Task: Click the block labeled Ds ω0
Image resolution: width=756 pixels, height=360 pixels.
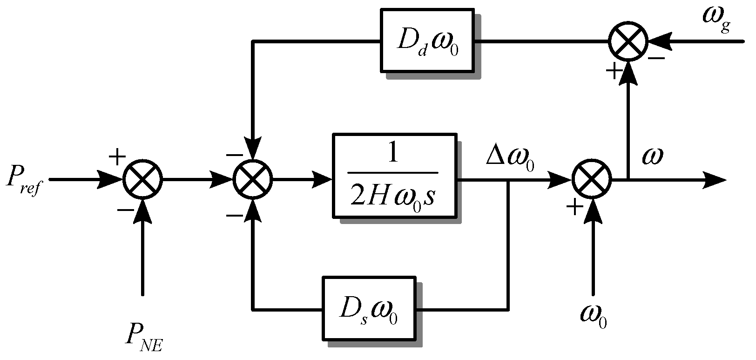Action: (x=369, y=309)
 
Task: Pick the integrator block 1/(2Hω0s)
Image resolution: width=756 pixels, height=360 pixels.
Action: (x=394, y=175)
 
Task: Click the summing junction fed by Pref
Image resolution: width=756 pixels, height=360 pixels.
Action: (x=142, y=179)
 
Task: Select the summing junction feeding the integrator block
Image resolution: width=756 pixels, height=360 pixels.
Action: (x=253, y=179)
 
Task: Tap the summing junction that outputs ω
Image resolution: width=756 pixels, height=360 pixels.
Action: (x=592, y=179)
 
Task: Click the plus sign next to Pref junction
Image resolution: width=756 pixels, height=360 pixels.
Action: (x=117, y=157)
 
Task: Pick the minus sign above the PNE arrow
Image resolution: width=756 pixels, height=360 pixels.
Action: (x=125, y=210)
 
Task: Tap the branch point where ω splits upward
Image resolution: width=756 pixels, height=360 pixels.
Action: (x=628, y=179)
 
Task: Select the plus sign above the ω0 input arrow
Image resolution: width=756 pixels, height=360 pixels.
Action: (x=574, y=206)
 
